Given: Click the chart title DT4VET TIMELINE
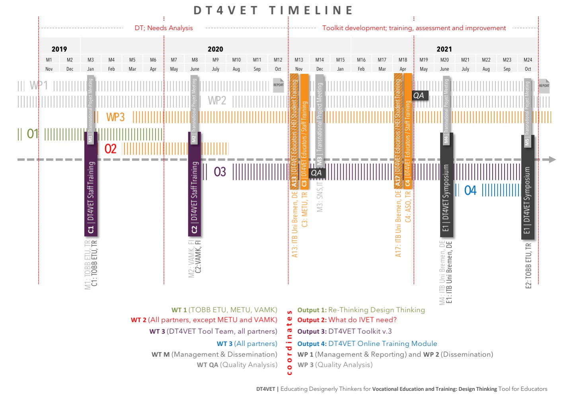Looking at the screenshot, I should tap(274, 10).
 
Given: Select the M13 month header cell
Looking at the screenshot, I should tap(299, 60).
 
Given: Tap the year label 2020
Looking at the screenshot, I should tap(215, 49).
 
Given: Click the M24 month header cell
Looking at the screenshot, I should tap(528, 60).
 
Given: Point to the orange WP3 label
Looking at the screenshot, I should tap(115, 117).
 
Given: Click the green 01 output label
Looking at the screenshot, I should tap(33, 134).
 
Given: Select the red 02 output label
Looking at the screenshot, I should tap(110, 149).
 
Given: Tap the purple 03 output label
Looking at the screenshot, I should tap(220, 172).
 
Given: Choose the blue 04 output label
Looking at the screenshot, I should tap(470, 191).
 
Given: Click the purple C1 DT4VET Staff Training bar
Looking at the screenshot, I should tap(91, 187).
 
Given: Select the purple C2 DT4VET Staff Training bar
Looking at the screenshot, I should tap(195, 187).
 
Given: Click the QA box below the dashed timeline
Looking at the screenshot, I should tap(316, 173).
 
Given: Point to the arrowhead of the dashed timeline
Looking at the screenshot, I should tap(552, 160).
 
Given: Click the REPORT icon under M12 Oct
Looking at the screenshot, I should tap(279, 85).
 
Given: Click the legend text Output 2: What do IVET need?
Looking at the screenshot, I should tap(347, 320).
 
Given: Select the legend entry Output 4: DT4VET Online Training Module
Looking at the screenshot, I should tap(367, 344).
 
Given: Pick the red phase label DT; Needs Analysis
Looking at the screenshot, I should tap(164, 28).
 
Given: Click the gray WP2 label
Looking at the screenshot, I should tap(217, 100).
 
